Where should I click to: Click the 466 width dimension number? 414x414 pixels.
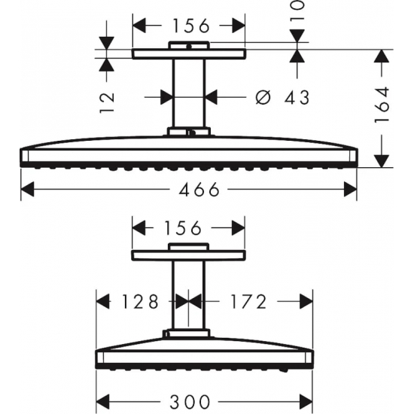(199, 189)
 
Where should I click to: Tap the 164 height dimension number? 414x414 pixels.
(382, 105)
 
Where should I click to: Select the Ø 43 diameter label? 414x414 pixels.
(282, 97)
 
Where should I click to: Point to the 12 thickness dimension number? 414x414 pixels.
(107, 102)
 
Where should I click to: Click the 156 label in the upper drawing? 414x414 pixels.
(191, 26)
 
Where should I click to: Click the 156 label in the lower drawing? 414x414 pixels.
(183, 228)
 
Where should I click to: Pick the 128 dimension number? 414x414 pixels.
(140, 301)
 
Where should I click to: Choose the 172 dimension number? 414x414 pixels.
(248, 301)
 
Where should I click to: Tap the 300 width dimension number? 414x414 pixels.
(190, 402)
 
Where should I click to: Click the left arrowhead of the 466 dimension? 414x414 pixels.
(27, 189)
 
